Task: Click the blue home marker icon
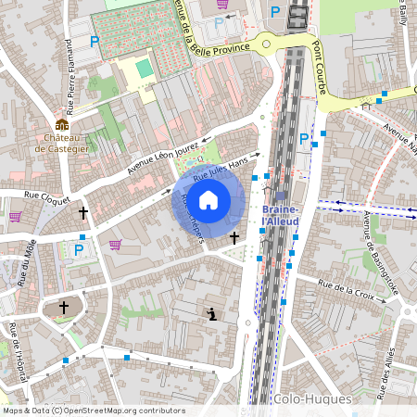(x=208, y=198)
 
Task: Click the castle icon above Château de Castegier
(x=62, y=124)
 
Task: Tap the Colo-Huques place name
(x=312, y=398)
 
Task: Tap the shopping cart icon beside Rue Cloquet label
(x=16, y=216)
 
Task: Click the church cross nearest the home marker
(x=234, y=238)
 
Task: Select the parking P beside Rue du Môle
(x=79, y=249)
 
